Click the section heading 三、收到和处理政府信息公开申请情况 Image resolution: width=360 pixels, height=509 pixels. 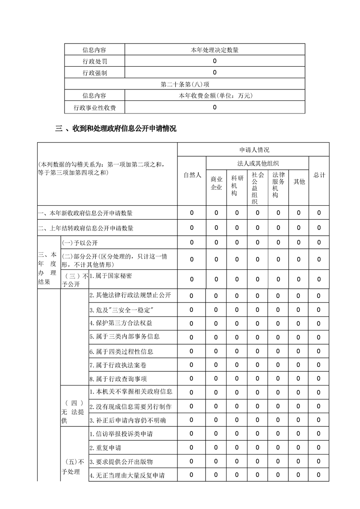click(116, 129)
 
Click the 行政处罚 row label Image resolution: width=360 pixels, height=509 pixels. click(94, 61)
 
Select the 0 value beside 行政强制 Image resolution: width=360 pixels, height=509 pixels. click(215, 72)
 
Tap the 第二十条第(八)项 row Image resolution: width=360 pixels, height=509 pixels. click(185, 84)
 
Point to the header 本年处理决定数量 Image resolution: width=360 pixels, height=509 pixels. click(215, 50)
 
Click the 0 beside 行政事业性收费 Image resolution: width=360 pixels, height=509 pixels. click(215, 107)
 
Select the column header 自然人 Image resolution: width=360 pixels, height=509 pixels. click(192, 175)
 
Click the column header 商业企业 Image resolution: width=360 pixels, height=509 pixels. click(216, 184)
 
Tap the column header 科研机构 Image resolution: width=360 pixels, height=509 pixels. click(237, 185)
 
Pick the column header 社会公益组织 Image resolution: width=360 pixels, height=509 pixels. click(257, 188)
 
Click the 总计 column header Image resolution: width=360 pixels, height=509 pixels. click(319, 175)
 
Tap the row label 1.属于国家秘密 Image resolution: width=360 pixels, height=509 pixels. click(111, 276)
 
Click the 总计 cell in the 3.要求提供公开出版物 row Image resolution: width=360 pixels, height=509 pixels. click(319, 461)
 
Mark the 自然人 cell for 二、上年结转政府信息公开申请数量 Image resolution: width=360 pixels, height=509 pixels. click(192, 227)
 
